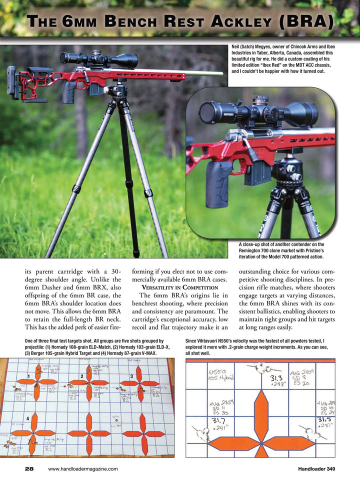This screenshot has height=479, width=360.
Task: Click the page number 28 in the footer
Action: [x=29, y=468]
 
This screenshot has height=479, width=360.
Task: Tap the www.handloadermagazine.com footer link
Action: [x=83, y=468]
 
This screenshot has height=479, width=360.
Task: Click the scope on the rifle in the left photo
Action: [x=100, y=59]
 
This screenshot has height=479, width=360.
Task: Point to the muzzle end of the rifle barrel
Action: [x=220, y=73]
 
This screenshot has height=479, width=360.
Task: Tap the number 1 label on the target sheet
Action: [x=29, y=376]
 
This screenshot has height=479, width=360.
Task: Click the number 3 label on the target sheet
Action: [x=131, y=376]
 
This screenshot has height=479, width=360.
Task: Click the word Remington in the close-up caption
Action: [x=254, y=250]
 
